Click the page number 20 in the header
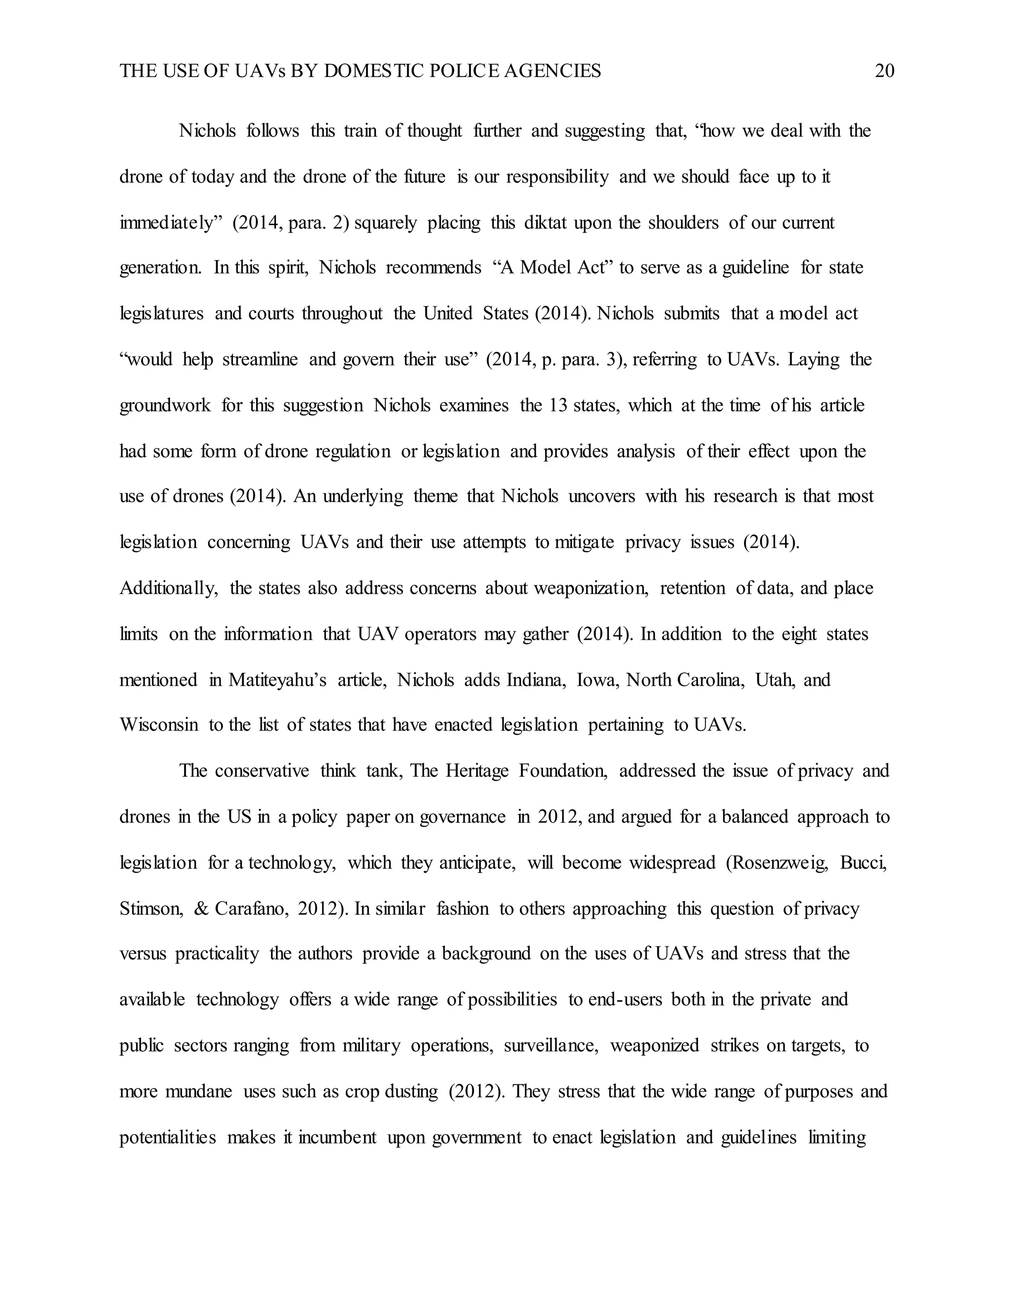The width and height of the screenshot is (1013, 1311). (884, 71)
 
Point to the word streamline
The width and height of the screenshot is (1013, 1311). (260, 360)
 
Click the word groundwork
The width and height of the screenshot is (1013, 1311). (165, 406)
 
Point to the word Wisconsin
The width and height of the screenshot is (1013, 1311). (159, 725)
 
